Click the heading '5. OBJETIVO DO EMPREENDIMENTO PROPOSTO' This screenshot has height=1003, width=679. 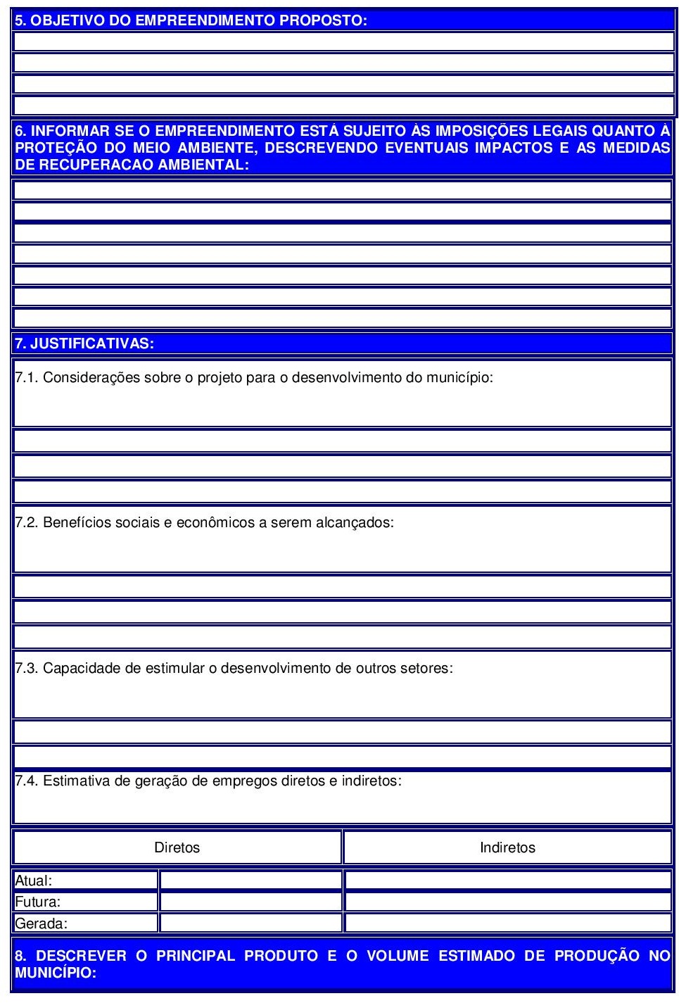tap(191, 20)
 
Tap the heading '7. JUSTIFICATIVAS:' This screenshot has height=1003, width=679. tap(84, 343)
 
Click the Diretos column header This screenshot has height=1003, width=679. tap(177, 847)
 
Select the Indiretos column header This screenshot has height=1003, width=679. tap(507, 847)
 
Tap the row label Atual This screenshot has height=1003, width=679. tap(34, 881)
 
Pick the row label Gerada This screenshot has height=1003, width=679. tap(42, 923)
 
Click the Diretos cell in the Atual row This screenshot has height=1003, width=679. tap(250, 881)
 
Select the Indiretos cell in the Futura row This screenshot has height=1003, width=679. tap(507, 902)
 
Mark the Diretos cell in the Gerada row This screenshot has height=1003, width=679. tap(250, 923)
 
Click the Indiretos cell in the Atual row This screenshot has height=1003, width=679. tap(507, 881)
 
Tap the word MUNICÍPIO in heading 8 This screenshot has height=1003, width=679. tap(54, 973)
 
